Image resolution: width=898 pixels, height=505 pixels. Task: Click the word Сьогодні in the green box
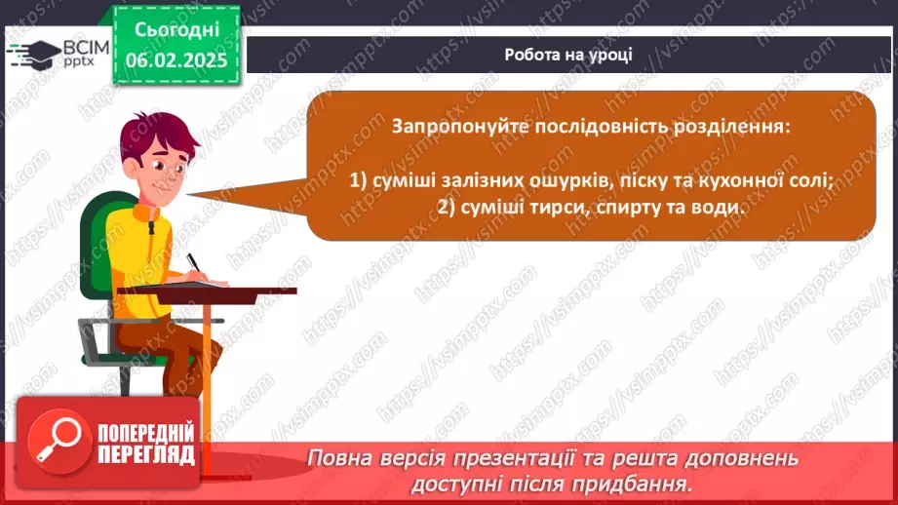click(176, 30)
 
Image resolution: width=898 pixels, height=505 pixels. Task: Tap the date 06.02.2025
click(176, 60)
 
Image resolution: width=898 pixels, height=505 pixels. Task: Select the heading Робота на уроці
click(568, 55)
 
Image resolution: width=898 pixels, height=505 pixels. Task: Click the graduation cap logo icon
click(34, 55)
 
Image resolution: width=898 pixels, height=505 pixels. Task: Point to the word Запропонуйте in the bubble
click(460, 127)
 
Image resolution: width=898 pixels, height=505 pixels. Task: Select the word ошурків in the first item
click(565, 181)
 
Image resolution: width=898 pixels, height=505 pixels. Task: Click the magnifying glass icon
click(59, 441)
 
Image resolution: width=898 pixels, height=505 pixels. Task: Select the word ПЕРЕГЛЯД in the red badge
click(146, 455)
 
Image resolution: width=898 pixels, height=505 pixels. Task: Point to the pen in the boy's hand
click(193, 263)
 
